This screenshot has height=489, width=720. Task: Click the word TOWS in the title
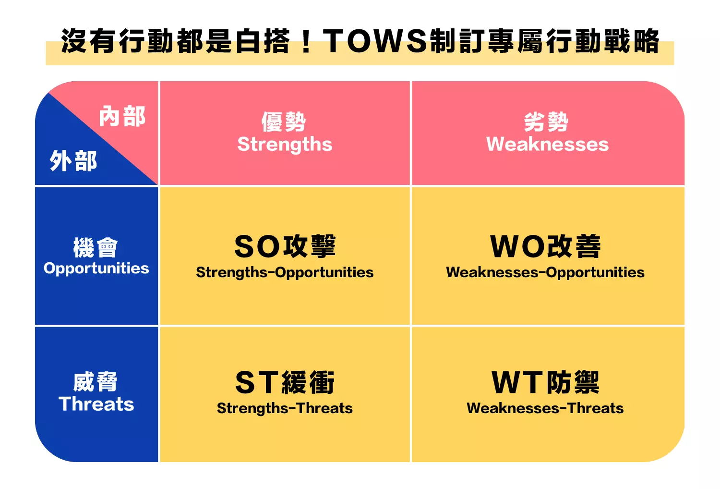pos(375,41)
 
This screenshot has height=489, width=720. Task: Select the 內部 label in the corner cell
pos(122,117)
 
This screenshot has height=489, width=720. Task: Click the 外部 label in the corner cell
pos(73,160)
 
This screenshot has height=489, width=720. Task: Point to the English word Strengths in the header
pos(285,145)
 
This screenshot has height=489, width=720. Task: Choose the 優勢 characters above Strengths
pos(284,122)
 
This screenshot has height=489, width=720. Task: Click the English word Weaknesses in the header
pos(547,145)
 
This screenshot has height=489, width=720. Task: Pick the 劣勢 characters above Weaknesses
pos(546,122)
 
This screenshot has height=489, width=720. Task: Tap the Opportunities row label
pos(96,269)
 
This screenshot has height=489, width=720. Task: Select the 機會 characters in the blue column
pos(96,248)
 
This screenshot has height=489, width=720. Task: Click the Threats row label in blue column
pos(96,404)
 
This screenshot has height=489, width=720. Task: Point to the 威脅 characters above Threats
pos(96,382)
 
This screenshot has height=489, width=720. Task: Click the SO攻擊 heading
pos(285,246)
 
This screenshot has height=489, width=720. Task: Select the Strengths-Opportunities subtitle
pos(285,272)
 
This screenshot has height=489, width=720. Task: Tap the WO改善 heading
pos(545,246)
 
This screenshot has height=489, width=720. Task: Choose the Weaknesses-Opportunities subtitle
pos(545,272)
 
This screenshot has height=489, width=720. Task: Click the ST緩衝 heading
pos(285,382)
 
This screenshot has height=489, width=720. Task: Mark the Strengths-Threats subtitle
pos(285,408)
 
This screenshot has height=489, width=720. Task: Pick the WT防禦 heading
pos(545,382)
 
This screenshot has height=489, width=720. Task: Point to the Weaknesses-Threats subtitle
pos(545,408)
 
